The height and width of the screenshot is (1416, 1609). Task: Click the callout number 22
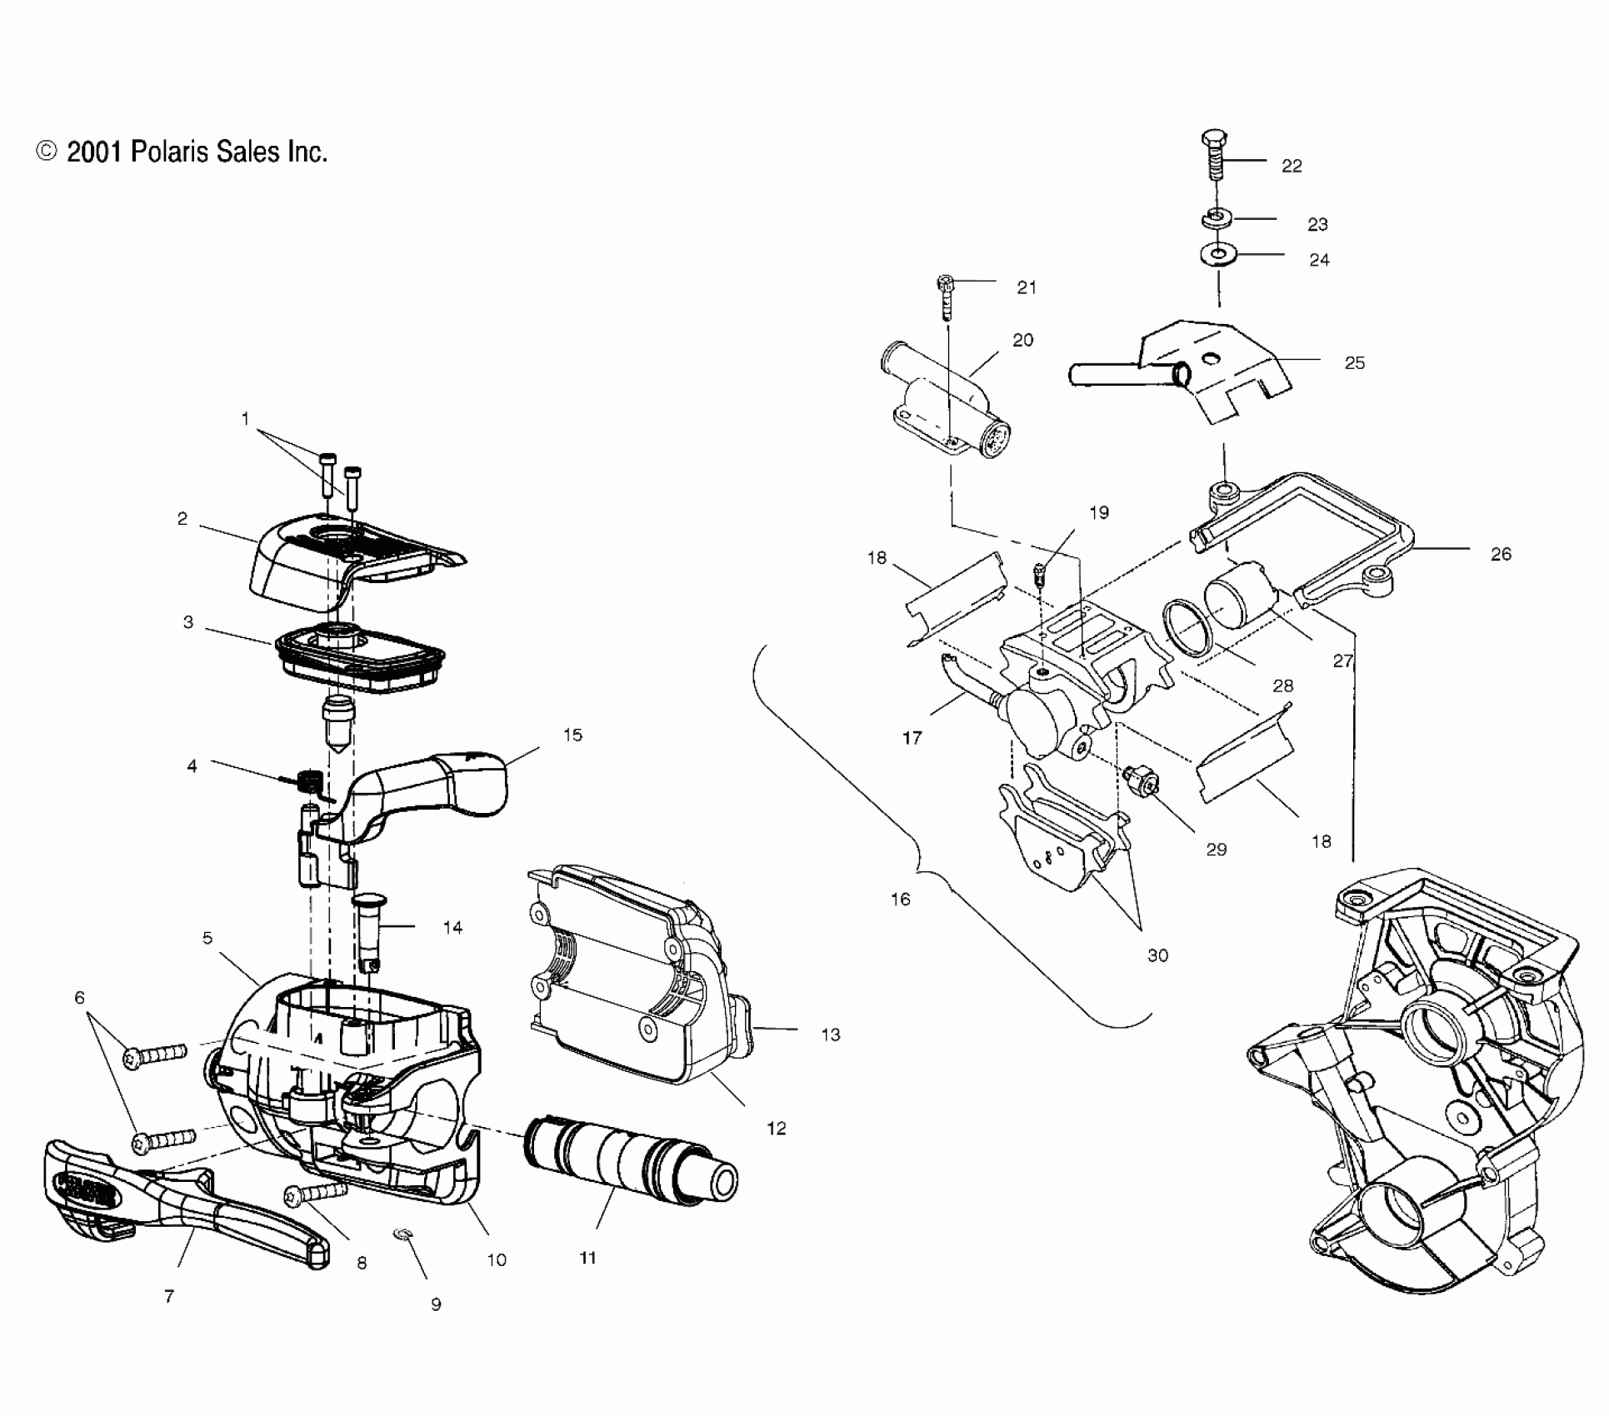click(x=1291, y=167)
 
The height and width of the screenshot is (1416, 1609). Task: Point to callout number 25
click(x=1354, y=363)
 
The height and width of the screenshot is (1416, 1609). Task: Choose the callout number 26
click(x=1500, y=555)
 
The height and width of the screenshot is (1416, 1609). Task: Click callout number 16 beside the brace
click(x=900, y=900)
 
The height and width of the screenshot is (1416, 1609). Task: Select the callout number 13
click(x=830, y=1035)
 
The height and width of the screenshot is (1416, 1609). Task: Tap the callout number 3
click(x=188, y=622)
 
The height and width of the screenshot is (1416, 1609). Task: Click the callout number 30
click(x=1157, y=955)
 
